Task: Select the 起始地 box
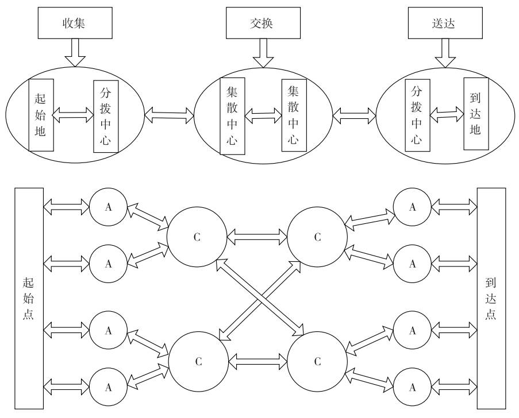[x=41, y=115]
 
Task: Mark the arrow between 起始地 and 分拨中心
[x=74, y=115]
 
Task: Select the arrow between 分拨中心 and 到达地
[x=447, y=114]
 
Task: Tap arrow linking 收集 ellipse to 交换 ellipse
[x=170, y=113]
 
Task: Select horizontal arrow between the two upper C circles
[x=257, y=235]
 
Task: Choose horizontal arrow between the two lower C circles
[x=257, y=362]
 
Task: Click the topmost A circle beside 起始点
[x=107, y=207]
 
